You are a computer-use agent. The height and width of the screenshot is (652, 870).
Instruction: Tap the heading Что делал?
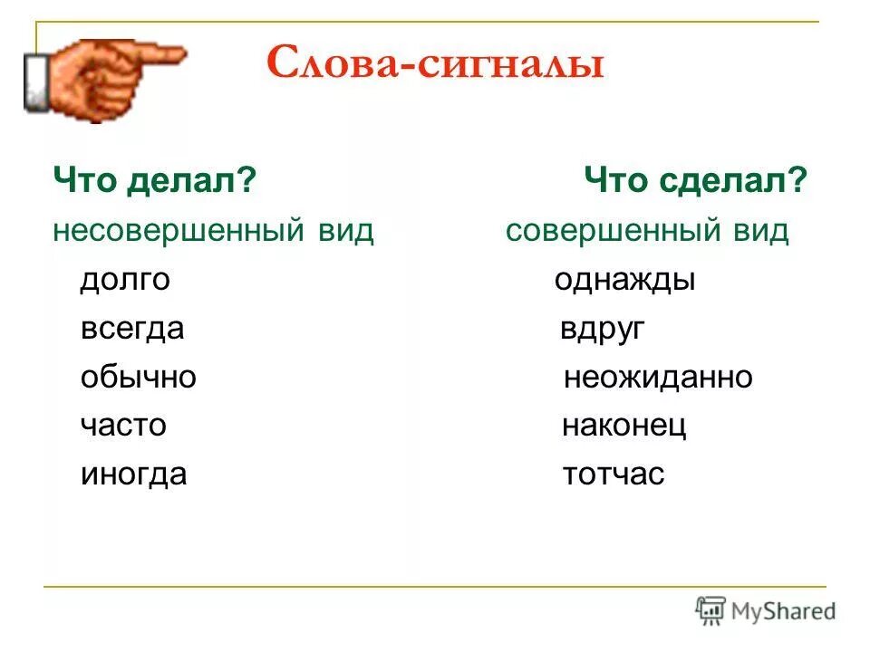[x=151, y=182]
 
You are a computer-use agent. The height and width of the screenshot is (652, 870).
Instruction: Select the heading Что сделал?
[x=695, y=182]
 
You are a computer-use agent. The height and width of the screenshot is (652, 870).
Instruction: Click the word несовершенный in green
[x=177, y=231]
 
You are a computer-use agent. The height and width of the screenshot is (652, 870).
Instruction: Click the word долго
[x=125, y=280]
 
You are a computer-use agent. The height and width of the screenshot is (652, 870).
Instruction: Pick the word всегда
[x=132, y=329]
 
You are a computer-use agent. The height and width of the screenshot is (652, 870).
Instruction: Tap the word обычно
[x=138, y=378]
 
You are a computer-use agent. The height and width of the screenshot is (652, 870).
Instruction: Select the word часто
[x=123, y=426]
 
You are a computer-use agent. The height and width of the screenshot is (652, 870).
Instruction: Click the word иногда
[x=133, y=475]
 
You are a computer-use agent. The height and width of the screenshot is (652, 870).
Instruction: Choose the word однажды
[x=624, y=280]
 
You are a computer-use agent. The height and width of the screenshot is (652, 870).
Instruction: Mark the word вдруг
[x=602, y=329]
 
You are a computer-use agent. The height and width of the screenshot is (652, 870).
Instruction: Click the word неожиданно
[x=658, y=378]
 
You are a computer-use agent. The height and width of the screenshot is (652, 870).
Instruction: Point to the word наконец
[x=624, y=426]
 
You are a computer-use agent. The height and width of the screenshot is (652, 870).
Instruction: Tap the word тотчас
[x=614, y=475]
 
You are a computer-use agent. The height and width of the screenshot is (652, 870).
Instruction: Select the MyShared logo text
[x=785, y=611]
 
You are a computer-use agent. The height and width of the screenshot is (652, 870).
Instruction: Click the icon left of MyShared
[x=711, y=611]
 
